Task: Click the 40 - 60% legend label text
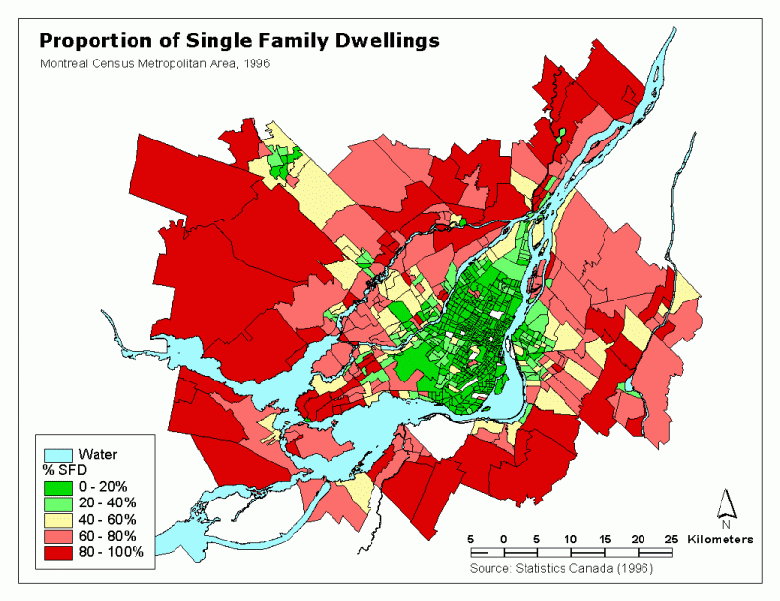pos(110,519)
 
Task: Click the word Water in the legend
pos(97,454)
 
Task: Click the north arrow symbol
pos(725,504)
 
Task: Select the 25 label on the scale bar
pos(671,539)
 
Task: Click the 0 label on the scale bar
pos(504,539)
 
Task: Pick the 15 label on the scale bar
pos(604,539)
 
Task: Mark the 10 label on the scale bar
pos(570,539)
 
